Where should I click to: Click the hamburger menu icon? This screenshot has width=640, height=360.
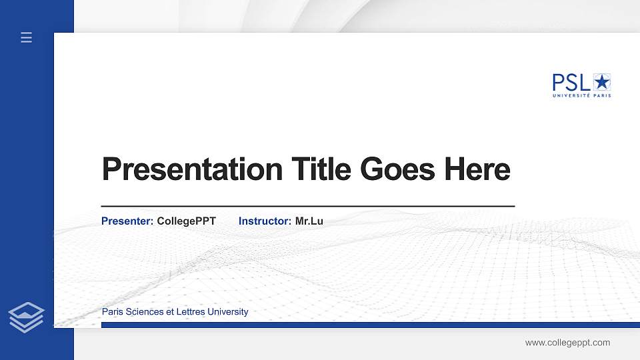[27, 38]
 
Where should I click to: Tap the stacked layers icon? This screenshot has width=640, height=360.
[27, 317]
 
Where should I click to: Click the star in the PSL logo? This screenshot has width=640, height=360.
[602, 82]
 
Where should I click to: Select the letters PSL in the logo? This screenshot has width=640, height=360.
[571, 83]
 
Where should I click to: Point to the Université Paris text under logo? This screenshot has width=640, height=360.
[581, 96]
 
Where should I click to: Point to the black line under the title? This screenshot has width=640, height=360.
[307, 207]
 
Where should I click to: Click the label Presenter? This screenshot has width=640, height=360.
[127, 221]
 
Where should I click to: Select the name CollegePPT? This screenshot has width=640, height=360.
[186, 221]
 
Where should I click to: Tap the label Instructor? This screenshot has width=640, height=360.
[265, 221]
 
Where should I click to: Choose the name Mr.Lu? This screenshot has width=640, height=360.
[309, 221]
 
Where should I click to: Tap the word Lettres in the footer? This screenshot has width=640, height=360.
[189, 312]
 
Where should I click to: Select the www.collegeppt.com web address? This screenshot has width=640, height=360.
[567, 343]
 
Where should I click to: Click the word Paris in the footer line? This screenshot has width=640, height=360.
[112, 312]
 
